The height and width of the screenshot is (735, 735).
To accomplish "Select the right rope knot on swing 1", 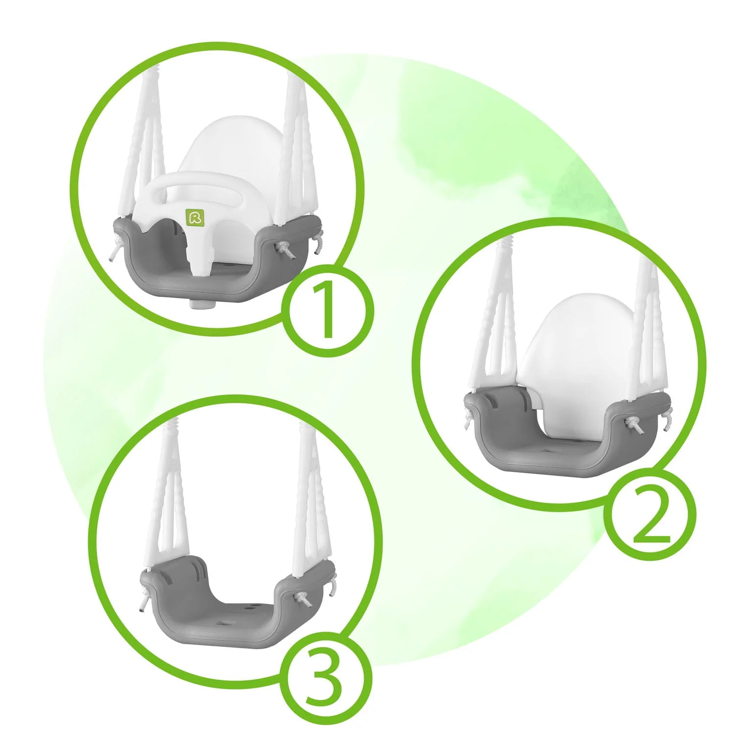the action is pos(286,249).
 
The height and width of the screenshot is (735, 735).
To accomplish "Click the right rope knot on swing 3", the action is pos(300,598).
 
